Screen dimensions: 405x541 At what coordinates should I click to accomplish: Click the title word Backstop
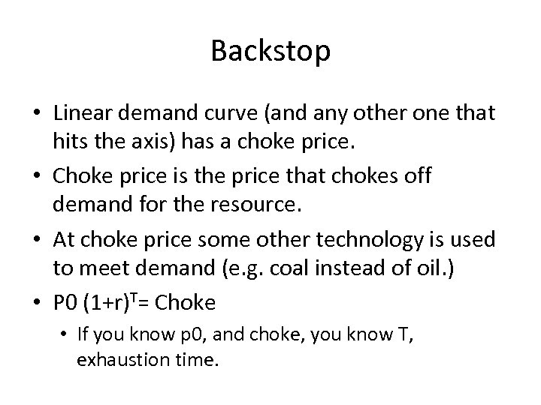pos(270,51)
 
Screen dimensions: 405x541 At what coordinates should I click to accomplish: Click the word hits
pos(72,141)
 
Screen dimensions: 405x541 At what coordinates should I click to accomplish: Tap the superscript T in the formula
pos(133,297)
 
